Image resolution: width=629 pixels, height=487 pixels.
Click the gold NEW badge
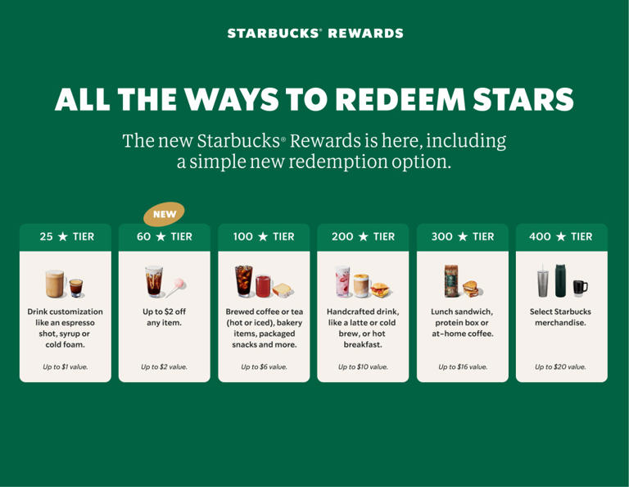pyautogui.click(x=165, y=214)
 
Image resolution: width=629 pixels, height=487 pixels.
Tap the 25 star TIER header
pyautogui.click(x=66, y=237)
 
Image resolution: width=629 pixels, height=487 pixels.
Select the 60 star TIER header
pyautogui.click(x=165, y=237)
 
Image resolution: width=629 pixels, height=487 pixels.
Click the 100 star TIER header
pyautogui.click(x=264, y=237)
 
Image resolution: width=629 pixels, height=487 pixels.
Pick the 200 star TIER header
pyautogui.click(x=363, y=237)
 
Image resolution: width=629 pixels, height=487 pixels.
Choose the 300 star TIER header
pyautogui.click(x=462, y=237)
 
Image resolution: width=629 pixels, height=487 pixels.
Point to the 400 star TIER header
pyautogui.click(x=561, y=237)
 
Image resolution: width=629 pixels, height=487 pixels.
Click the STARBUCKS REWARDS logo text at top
pyautogui.click(x=315, y=34)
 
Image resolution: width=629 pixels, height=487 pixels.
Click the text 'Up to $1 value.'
pyautogui.click(x=66, y=366)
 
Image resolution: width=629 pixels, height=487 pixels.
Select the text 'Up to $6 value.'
pyautogui.click(x=264, y=366)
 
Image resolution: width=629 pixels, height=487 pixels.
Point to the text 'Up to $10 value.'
pyautogui.click(x=363, y=366)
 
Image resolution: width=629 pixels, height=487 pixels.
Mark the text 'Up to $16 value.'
pyautogui.click(x=463, y=366)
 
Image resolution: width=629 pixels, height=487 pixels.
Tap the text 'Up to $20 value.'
pyautogui.click(x=561, y=366)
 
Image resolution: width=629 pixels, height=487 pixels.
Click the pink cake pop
pyautogui.click(x=177, y=284)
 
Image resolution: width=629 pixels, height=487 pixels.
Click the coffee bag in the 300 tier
pyautogui.click(x=449, y=280)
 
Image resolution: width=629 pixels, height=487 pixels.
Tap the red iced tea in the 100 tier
pyautogui.click(x=264, y=285)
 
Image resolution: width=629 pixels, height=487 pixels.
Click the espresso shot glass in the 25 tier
pyautogui.click(x=75, y=287)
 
